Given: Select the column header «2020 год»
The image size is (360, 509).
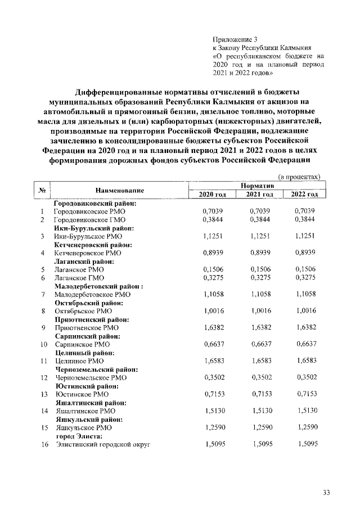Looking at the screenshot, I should (213, 194).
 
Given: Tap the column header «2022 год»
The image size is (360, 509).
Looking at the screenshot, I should (304, 194).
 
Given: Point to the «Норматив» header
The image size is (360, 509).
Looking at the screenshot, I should (257, 186).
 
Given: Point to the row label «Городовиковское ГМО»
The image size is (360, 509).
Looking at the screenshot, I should (89, 219).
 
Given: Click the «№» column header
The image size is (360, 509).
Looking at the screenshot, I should (41, 190).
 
